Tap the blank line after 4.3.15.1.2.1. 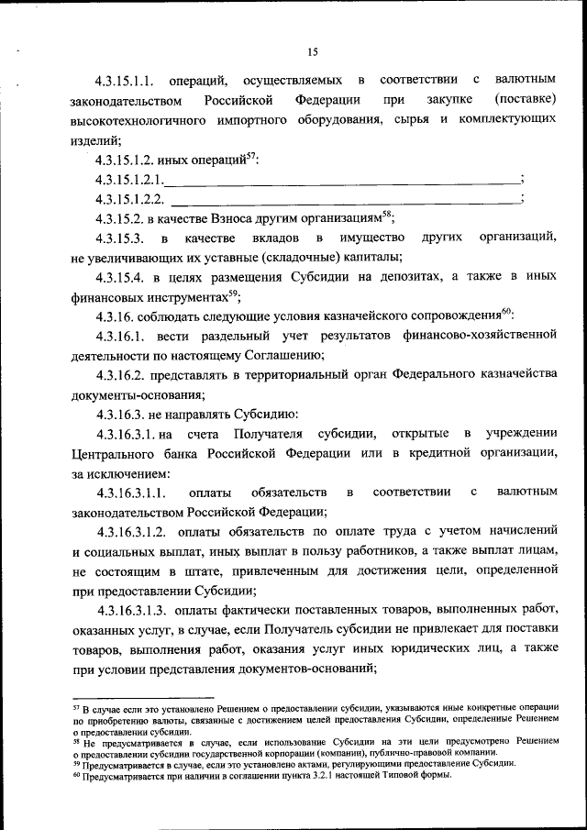[x=340, y=180]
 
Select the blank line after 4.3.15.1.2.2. [x=344, y=199]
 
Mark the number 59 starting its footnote [x=76, y=761]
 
